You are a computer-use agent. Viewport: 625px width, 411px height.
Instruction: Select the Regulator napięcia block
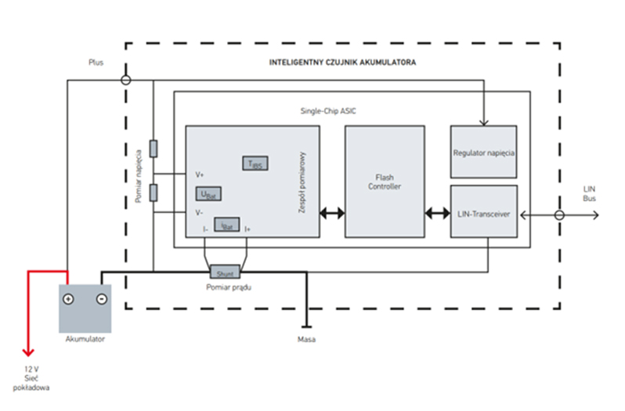point(483,151)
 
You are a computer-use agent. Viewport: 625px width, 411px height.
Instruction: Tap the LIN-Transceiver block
point(483,211)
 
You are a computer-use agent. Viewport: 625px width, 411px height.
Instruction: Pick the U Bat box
point(206,193)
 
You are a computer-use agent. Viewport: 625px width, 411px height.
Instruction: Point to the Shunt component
point(225,273)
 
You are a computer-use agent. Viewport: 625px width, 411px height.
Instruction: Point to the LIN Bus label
point(589,194)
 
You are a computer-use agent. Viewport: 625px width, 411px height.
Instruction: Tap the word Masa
point(306,340)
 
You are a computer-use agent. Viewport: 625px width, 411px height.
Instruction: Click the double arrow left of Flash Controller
point(332,212)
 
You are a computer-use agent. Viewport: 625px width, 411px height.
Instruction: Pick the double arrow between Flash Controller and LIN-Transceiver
point(436,212)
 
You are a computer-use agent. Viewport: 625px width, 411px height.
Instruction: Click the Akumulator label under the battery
point(85,340)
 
